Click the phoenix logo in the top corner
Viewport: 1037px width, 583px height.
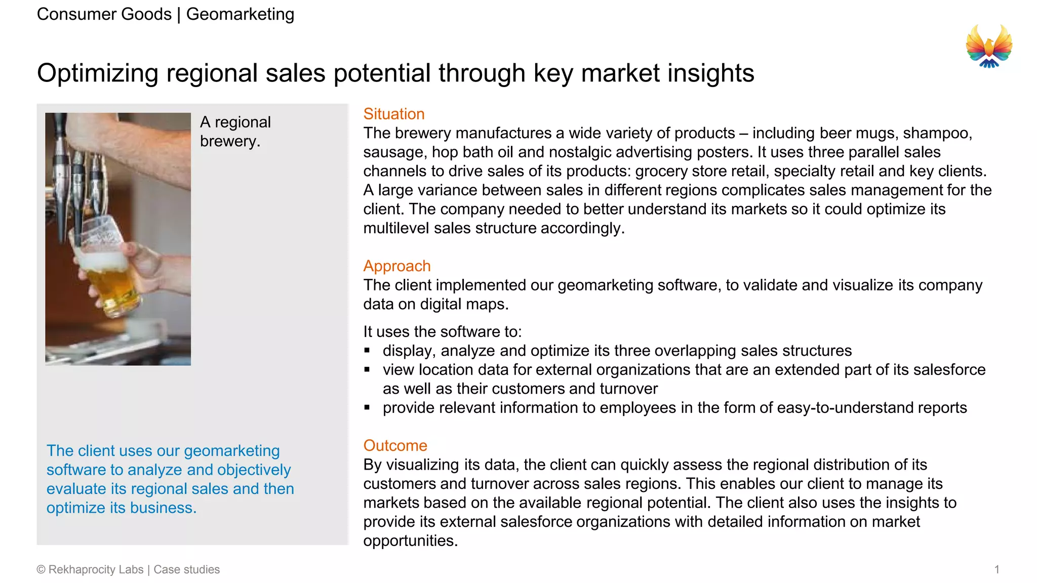click(x=988, y=47)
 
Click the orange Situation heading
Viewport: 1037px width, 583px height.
click(x=393, y=114)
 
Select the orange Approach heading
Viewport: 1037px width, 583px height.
click(x=396, y=266)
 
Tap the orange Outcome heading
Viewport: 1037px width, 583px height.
click(x=395, y=445)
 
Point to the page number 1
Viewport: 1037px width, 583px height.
click(x=996, y=569)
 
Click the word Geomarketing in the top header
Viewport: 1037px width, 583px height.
click(x=240, y=14)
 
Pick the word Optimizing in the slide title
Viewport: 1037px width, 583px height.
click(x=97, y=73)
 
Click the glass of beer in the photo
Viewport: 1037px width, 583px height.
click(x=106, y=268)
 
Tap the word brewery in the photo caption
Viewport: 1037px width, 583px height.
click(x=229, y=141)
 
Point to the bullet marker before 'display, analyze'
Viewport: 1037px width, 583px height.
click(x=367, y=350)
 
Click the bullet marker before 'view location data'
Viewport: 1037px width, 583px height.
click(x=367, y=369)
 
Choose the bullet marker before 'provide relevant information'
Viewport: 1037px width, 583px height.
click(x=367, y=407)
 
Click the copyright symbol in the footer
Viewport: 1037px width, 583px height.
click(x=41, y=570)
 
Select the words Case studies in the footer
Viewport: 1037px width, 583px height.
click(x=186, y=569)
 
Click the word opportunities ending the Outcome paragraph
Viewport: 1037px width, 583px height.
click(x=410, y=540)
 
